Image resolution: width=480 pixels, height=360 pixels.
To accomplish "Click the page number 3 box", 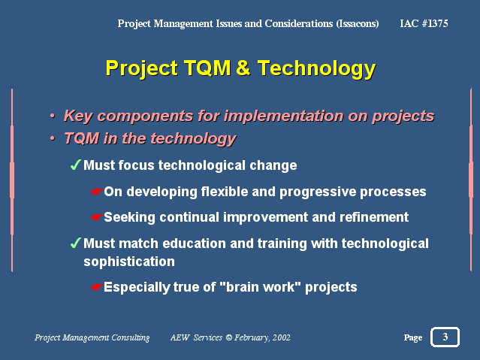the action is click(x=445, y=337).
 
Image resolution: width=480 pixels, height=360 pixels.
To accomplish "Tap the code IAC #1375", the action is click(x=424, y=23).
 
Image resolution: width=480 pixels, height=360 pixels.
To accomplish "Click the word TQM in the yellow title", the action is click(x=207, y=68).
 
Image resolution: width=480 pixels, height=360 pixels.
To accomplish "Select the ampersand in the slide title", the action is click(x=243, y=68).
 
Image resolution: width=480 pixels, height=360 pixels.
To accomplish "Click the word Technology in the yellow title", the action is click(x=316, y=69).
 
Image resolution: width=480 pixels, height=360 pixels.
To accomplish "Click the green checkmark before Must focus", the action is click(x=76, y=165).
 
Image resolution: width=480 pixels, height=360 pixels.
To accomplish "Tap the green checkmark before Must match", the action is click(x=76, y=243).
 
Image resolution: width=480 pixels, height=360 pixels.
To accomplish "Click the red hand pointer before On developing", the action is click(x=96, y=192).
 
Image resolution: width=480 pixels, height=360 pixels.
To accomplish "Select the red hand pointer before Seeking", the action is click(x=96, y=217).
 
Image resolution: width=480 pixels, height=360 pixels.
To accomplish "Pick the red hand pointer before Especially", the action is click(x=96, y=287).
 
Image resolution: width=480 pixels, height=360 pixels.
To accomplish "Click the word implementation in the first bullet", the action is click(x=283, y=116).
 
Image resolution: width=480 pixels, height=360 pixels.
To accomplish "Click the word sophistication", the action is click(x=129, y=262).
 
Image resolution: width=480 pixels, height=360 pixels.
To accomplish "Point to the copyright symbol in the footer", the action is click(x=228, y=337).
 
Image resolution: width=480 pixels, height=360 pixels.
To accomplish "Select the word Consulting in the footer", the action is click(x=131, y=338).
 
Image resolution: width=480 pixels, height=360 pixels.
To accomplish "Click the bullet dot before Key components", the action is click(x=53, y=116).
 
